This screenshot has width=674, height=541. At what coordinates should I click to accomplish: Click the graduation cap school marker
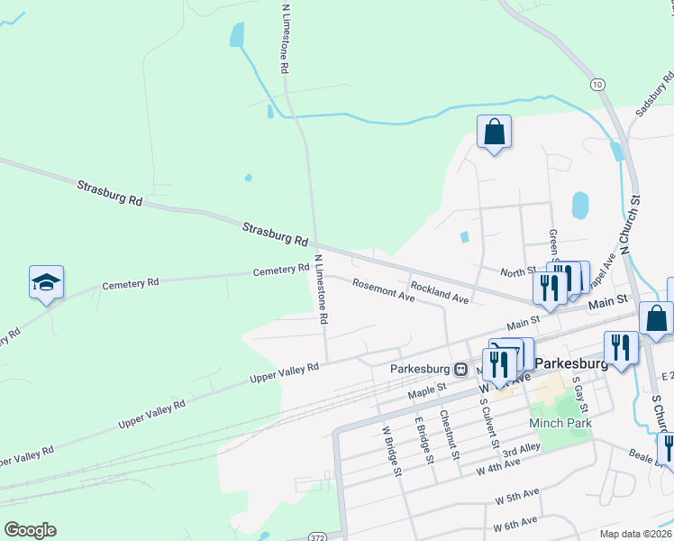coord(46,284)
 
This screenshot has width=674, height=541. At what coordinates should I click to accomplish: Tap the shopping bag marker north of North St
coord(494,133)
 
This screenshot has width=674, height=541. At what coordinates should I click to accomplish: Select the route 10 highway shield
coord(597,84)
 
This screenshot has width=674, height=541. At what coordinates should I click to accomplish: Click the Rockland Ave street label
coord(440,292)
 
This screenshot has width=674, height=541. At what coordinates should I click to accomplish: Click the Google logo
coord(30,529)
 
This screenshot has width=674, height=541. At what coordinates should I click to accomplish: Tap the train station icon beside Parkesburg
coord(460,368)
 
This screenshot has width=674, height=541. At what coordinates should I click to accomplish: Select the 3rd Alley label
coord(521,449)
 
